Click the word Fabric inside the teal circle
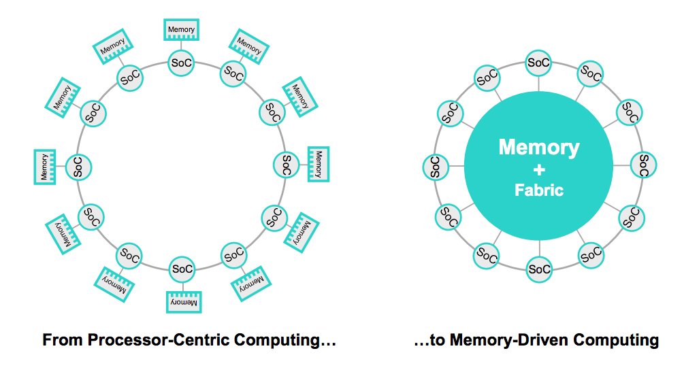click(x=538, y=190)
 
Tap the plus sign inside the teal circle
click(x=538, y=169)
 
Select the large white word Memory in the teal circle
click(x=538, y=147)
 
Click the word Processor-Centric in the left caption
click(x=171, y=339)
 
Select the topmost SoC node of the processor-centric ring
click(x=182, y=63)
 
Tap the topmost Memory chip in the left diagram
click(x=182, y=30)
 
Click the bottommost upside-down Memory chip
click(x=182, y=301)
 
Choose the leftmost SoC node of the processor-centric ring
click(x=78, y=165)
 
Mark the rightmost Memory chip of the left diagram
click(x=319, y=164)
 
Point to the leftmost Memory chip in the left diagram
click(x=45, y=166)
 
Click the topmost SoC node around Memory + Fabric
click(x=538, y=63)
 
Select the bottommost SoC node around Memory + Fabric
click(x=538, y=269)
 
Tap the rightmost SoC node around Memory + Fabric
click(x=643, y=165)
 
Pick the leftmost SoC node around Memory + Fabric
click(x=435, y=165)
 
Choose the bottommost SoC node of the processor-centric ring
click(x=182, y=269)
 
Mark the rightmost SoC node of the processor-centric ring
click(x=286, y=165)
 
